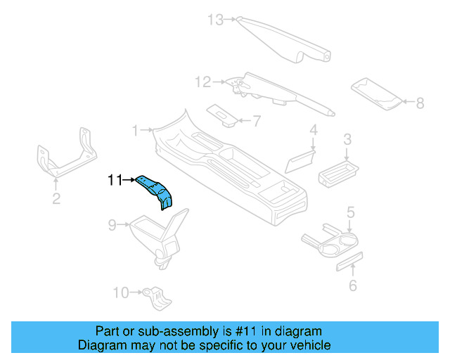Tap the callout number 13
(x=214, y=20)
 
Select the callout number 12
(x=202, y=83)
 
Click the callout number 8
(x=420, y=103)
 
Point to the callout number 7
(x=256, y=121)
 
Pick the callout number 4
(x=314, y=129)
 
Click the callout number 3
(x=347, y=141)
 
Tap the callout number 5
(x=349, y=212)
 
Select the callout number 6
(x=353, y=285)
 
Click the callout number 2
(x=56, y=199)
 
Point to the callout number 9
(x=112, y=225)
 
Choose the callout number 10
(x=120, y=292)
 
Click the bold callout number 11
(x=115, y=181)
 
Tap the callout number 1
(x=136, y=130)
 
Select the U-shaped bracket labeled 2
(x=63, y=158)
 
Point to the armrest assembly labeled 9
(x=158, y=236)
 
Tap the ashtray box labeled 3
(x=339, y=172)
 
